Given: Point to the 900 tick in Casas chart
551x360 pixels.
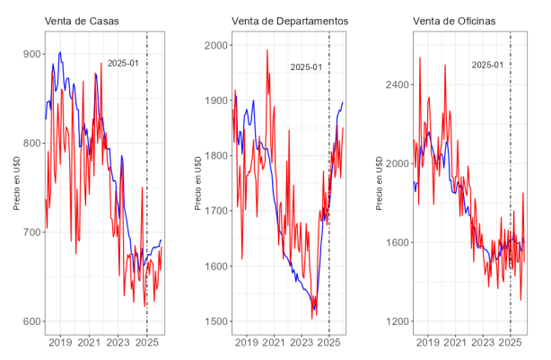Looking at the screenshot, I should pos(31,54).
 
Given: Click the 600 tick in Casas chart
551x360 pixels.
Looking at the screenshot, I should pos(31,321).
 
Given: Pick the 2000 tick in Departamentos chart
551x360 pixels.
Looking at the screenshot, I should pos(215,45).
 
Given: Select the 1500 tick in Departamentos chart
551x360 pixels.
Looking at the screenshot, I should pos(215,321).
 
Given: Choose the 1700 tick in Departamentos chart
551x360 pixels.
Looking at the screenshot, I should pos(215,211).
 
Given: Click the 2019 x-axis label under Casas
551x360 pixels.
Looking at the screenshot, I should pos(60,343).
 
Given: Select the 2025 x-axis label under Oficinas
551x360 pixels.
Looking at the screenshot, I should pos(511,343).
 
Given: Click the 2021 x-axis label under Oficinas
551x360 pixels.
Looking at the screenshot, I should pos(456,343).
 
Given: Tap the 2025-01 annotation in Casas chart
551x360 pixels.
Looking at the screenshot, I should pos(122,63).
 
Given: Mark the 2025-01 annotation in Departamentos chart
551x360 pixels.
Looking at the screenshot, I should pos(305,66).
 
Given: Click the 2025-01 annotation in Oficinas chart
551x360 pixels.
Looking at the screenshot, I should pos(487,65).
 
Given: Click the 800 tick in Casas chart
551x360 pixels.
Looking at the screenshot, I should pos(31,143).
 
